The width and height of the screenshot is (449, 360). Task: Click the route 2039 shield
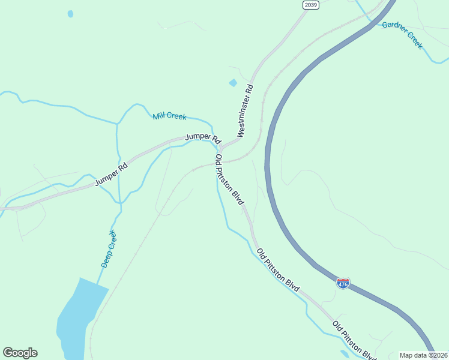click(310, 5)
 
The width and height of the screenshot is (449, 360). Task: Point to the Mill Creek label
click(169, 116)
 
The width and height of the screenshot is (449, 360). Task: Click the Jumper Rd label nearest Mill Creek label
click(203, 137)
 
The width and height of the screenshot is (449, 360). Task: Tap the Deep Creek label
click(109, 248)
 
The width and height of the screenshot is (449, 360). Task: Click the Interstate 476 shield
click(343, 283)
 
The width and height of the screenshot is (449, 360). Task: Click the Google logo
click(20, 353)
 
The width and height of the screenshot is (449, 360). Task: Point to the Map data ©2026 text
click(424, 355)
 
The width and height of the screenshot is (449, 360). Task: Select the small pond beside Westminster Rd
click(233, 83)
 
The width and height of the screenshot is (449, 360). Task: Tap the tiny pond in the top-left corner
click(70, 14)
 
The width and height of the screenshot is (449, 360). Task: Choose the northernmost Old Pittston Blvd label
click(229, 179)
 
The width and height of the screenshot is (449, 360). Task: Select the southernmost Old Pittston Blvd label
click(354, 340)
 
